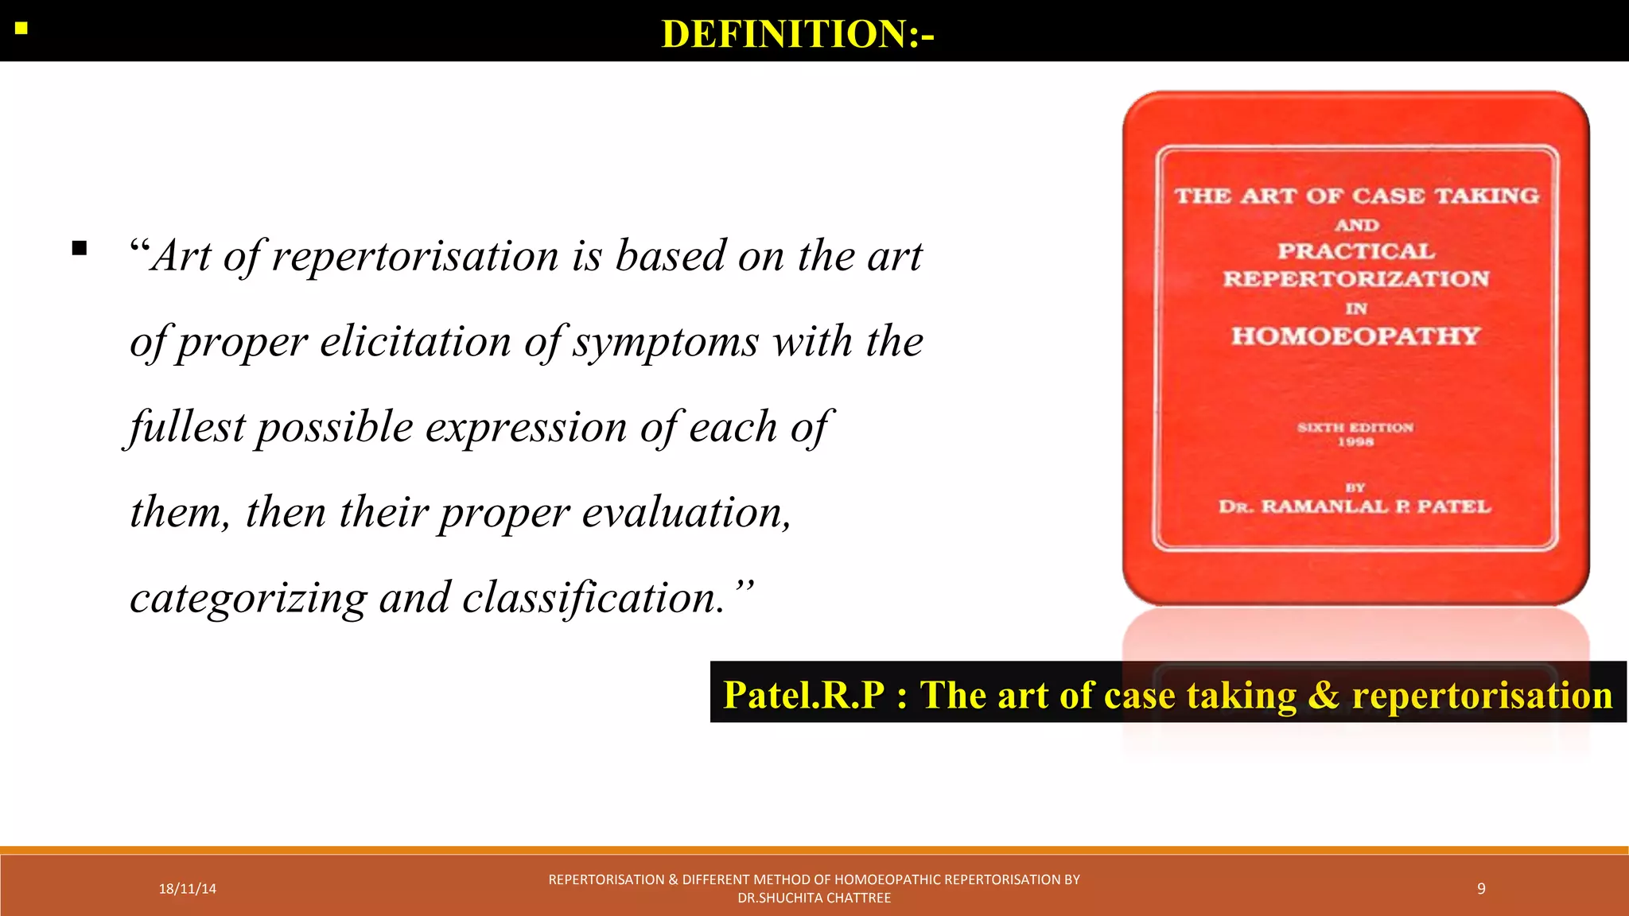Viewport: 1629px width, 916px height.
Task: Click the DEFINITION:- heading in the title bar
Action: (798, 34)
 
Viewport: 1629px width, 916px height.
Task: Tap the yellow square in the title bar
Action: (21, 29)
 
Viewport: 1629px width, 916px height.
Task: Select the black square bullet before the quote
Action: (79, 248)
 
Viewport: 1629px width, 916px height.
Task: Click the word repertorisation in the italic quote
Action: (415, 257)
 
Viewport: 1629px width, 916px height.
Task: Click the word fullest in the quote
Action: (188, 427)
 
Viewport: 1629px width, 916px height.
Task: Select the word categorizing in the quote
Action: (248, 598)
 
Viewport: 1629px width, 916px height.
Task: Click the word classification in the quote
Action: (593, 598)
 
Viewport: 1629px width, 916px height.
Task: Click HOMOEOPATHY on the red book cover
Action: (1355, 336)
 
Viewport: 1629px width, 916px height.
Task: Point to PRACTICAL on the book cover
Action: (1356, 251)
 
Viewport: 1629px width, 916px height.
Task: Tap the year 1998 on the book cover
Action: (1355, 442)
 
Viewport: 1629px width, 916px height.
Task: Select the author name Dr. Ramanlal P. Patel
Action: (1355, 507)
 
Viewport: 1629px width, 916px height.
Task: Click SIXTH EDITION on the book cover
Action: (1355, 427)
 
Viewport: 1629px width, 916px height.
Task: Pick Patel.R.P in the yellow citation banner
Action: (803, 695)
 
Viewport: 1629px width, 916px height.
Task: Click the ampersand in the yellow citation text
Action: (1324, 695)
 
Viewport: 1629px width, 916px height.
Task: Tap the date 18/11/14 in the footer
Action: (188, 889)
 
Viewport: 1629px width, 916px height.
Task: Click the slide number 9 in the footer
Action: (1481, 889)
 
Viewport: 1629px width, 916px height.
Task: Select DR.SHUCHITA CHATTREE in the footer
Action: (814, 899)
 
